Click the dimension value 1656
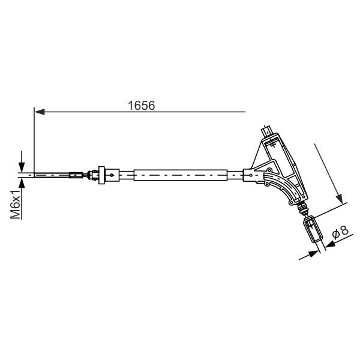(141, 106)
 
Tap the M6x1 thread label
(16, 205)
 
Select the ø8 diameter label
(340, 232)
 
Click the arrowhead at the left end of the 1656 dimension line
(39, 112)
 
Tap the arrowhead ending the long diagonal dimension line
(340, 199)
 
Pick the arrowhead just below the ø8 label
(331, 244)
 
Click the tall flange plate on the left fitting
(101, 175)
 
